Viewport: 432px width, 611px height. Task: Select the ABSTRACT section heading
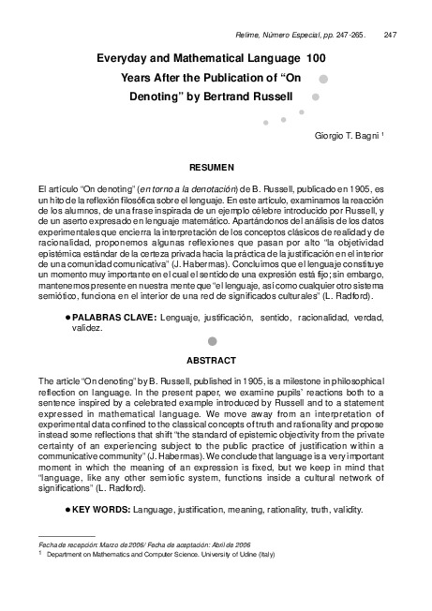211,359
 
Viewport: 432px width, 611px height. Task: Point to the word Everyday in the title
129,59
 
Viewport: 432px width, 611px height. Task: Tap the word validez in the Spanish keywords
87,330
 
